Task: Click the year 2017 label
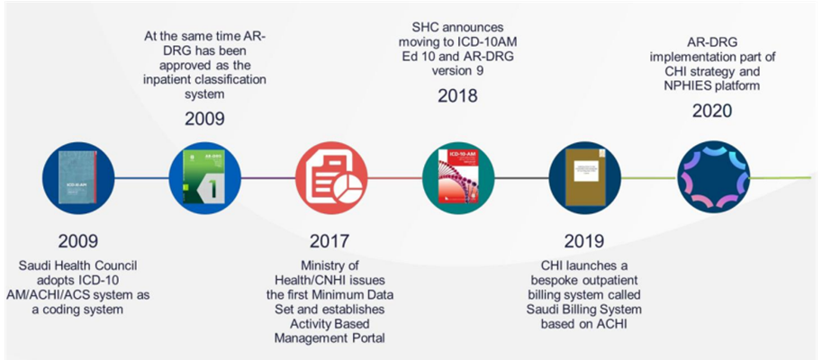coord(329,241)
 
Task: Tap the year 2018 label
coord(457,96)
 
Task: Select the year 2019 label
coord(584,241)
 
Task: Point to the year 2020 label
coord(712,111)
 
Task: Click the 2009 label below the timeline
coord(78,241)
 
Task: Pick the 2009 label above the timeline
coord(204,119)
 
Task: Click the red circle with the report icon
coord(331,178)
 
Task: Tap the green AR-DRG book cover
coord(203,176)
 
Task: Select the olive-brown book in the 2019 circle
coord(586,178)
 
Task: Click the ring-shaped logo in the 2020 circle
coord(713,177)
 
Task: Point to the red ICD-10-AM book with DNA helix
coord(458,177)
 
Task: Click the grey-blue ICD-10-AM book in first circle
coord(78,177)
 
